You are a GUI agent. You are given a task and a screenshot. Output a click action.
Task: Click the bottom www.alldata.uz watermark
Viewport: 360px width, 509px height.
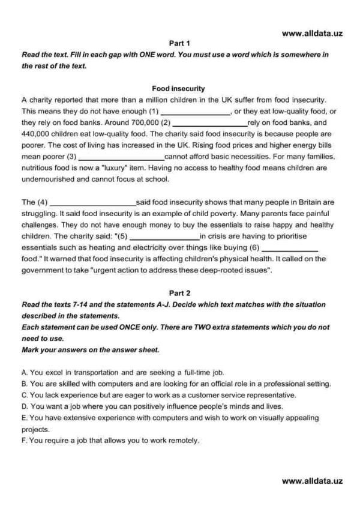[x=311, y=480]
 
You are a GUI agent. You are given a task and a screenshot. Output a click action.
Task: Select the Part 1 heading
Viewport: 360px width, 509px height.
[x=179, y=43]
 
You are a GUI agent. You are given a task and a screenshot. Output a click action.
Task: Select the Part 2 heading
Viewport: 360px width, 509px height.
[x=179, y=294]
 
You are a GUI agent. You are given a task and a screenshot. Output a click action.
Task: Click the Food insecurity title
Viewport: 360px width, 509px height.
[x=179, y=88]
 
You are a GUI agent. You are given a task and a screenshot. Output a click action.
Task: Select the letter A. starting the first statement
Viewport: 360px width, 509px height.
[x=24, y=372]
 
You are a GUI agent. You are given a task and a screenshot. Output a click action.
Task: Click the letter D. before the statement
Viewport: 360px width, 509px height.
[x=24, y=406]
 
